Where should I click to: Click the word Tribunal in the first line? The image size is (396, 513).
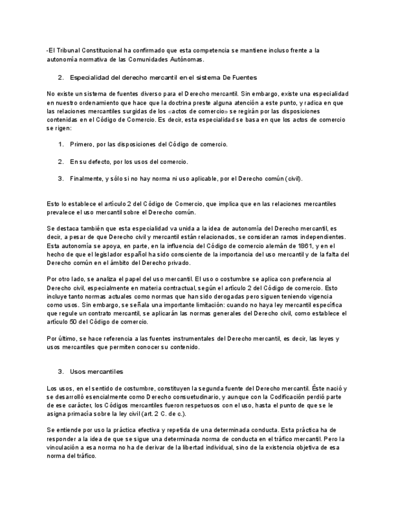click(x=70, y=50)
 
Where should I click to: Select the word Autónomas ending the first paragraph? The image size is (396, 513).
click(x=186, y=59)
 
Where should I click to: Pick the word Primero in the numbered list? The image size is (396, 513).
click(x=82, y=145)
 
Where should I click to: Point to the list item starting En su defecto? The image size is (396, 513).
click(x=129, y=162)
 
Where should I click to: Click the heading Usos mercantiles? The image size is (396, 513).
click(x=97, y=371)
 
